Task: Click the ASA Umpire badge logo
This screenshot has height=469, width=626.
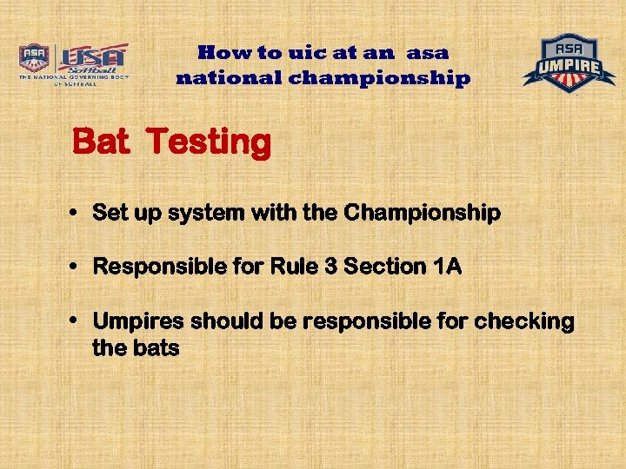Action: pos(569,63)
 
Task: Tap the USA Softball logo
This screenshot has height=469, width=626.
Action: pos(92,61)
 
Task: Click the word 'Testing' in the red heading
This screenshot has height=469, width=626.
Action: pos(209,142)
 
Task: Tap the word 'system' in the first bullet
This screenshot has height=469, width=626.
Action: pos(196,213)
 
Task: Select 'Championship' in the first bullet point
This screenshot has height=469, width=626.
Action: pos(423,213)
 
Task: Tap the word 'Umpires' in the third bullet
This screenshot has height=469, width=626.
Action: pos(138,321)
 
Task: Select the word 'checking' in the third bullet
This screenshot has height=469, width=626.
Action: pos(524,322)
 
